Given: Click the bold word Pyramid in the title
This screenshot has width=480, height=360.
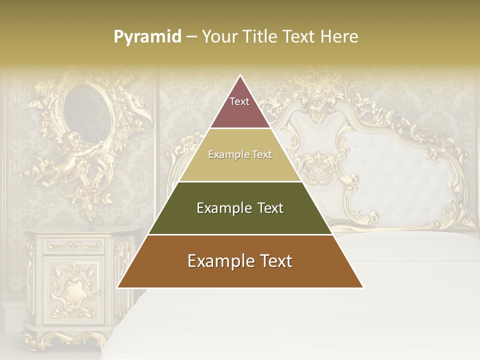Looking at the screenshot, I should [147, 37].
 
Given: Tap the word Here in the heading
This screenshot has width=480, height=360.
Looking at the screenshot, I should [340, 37].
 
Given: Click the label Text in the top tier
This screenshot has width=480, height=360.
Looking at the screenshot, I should [239, 101].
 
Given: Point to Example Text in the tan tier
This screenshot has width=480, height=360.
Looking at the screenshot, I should [240, 154].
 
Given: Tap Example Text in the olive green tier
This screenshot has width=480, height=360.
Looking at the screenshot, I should [240, 208].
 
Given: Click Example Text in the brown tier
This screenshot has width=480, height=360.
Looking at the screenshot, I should [240, 261].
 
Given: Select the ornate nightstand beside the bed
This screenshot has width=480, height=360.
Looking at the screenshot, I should [75, 285].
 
